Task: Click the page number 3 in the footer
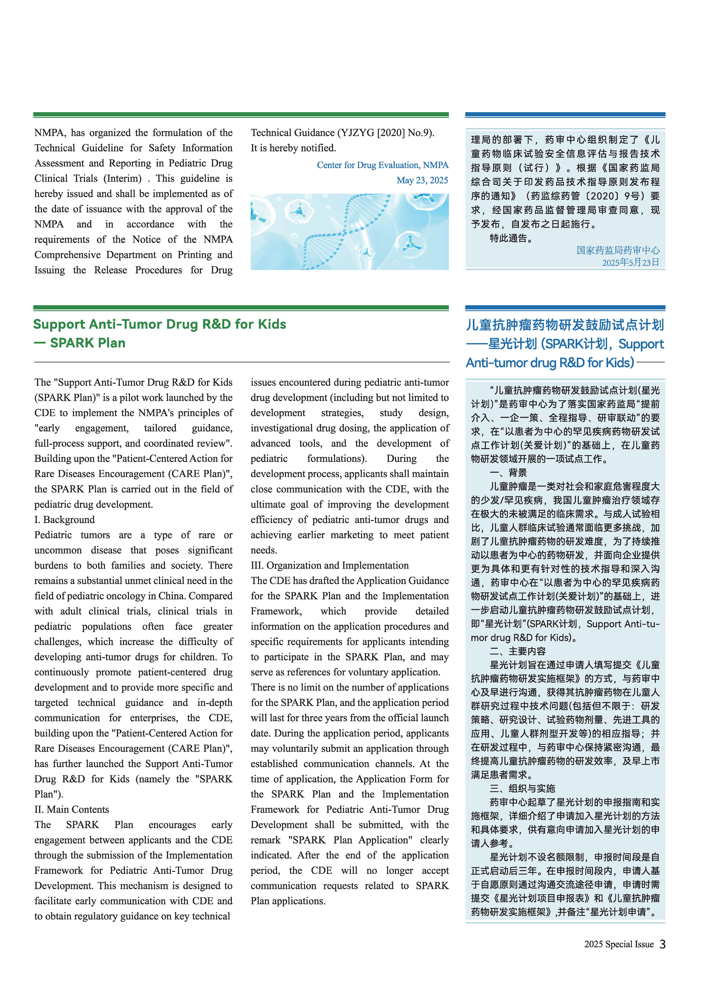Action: (662, 944)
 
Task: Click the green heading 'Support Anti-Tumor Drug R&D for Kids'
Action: (160, 324)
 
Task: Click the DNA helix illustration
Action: (349, 231)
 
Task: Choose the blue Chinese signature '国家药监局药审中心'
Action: (618, 250)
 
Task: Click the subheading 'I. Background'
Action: (65, 520)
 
